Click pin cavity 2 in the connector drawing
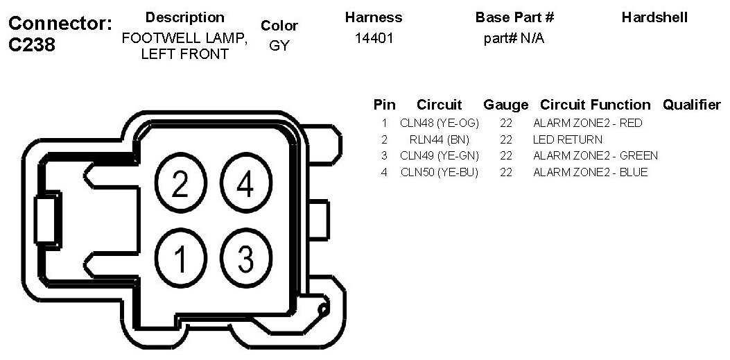coord(180,185)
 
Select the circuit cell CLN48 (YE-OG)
coord(439,123)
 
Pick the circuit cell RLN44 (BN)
coord(439,139)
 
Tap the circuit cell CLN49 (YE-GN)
coord(439,155)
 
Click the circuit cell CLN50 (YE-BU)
coord(439,172)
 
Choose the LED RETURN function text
coord(567,139)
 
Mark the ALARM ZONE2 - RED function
coord(587,123)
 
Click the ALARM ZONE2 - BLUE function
coord(590,172)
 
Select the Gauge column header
coord(505,105)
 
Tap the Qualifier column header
coord(691,105)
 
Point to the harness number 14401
coord(374,39)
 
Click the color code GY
coord(279,46)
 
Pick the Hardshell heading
coord(654,18)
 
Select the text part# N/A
coord(514,39)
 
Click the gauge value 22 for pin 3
coord(505,155)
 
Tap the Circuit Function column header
coord(595,105)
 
